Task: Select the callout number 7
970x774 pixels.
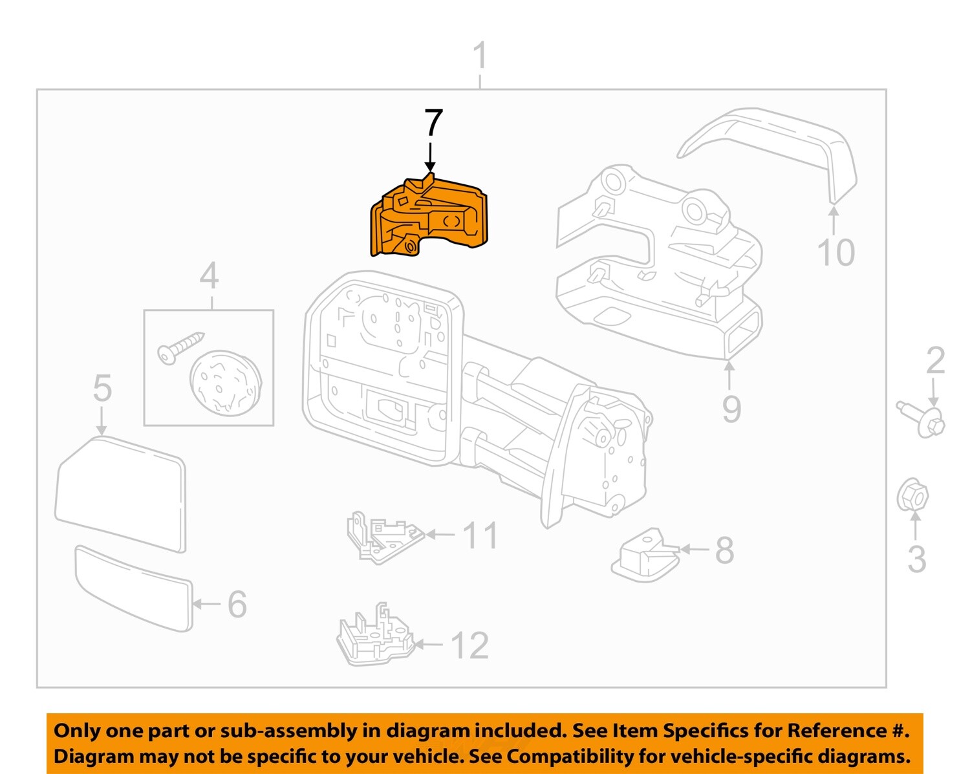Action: coord(433,123)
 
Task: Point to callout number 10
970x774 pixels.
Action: coord(835,252)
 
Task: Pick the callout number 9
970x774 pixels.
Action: coord(731,409)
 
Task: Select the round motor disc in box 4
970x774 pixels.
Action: coord(225,382)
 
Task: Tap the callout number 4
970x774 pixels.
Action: coord(209,276)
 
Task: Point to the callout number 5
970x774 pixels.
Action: coord(102,388)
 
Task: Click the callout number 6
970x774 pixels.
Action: coord(237,604)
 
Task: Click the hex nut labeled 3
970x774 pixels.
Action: coord(912,497)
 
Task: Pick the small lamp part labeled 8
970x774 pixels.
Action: coord(645,554)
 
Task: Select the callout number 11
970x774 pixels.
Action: coord(480,535)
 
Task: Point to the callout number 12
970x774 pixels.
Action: coord(469,645)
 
